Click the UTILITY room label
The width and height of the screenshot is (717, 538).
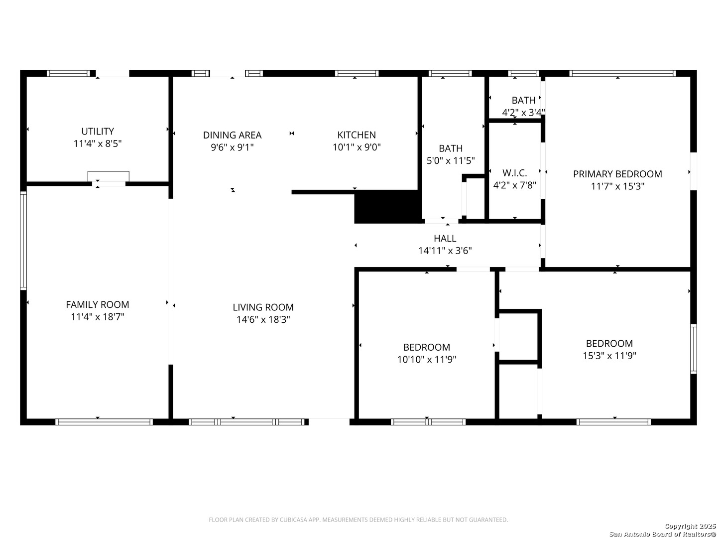[97, 132]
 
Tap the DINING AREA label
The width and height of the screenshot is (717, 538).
[232, 135]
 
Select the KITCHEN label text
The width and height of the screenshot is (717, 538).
[357, 135]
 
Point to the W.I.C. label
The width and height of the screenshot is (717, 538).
[514, 173]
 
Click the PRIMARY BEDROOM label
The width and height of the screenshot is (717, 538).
[617, 174]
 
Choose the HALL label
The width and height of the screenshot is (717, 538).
[445, 239]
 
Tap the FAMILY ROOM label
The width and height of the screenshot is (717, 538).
[97, 305]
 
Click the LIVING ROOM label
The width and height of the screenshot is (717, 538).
[263, 307]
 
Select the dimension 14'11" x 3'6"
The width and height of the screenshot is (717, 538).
[445, 251]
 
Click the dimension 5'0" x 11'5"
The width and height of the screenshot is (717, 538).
[451, 161]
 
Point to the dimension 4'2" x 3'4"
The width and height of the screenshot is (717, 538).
[523, 113]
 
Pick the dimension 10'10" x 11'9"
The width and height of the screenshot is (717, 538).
[426, 360]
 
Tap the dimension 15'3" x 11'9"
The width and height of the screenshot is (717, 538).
[609, 356]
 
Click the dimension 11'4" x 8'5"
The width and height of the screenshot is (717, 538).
[97, 144]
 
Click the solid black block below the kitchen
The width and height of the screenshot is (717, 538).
[388, 206]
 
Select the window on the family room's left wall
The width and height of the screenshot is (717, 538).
[23, 241]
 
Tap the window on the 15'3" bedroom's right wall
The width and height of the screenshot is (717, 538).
[693, 349]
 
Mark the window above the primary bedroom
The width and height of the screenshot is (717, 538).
[622, 73]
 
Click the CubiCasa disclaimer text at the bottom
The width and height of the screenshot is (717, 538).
[358, 520]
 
